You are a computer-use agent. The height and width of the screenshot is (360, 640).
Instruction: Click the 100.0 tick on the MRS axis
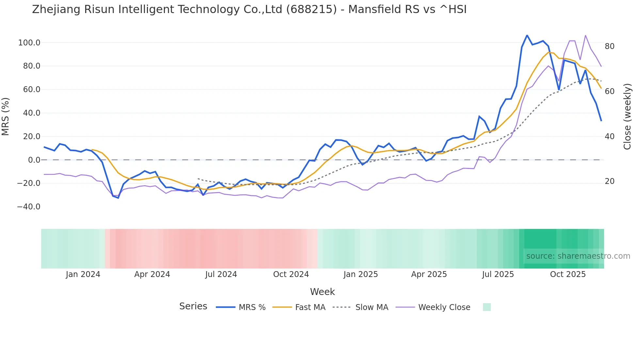tap(29, 43)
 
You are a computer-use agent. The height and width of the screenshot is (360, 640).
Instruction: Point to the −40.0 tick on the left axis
tap(29, 207)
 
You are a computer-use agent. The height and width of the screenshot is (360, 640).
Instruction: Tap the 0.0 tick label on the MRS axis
tap(34, 160)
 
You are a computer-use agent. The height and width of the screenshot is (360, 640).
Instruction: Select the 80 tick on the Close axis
tap(609, 46)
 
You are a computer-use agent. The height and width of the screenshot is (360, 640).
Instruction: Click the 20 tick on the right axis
tap(609, 181)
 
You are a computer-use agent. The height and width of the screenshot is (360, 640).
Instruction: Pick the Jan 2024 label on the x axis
tap(83, 274)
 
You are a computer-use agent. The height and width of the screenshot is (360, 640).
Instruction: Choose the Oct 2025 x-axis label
tap(568, 274)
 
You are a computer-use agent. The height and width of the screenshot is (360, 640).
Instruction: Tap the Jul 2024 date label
tap(221, 274)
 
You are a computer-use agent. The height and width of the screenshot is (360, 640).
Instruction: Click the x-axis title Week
tap(322, 292)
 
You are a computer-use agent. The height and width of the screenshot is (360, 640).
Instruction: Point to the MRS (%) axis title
tap(6, 117)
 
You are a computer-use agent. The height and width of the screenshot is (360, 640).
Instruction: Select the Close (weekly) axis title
tap(627, 117)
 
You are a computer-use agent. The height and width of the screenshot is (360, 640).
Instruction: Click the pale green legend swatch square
tap(487, 307)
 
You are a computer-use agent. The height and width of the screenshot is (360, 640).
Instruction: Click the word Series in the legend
tap(193, 306)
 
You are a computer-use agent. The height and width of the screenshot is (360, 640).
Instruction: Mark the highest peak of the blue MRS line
tap(527, 35)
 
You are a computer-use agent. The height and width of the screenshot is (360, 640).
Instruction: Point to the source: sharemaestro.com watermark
tap(578, 256)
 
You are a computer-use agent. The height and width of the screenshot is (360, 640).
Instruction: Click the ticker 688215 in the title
tap(311, 9)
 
